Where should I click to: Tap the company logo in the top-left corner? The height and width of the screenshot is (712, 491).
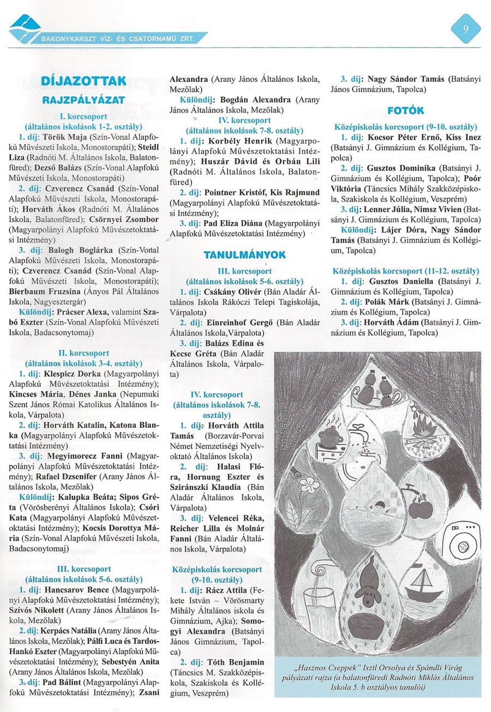point(24,29)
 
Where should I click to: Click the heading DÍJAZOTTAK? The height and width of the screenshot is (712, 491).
point(83,81)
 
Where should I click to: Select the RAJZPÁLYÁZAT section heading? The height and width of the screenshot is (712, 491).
point(83,100)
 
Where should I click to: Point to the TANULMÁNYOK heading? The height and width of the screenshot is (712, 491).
point(244,255)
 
